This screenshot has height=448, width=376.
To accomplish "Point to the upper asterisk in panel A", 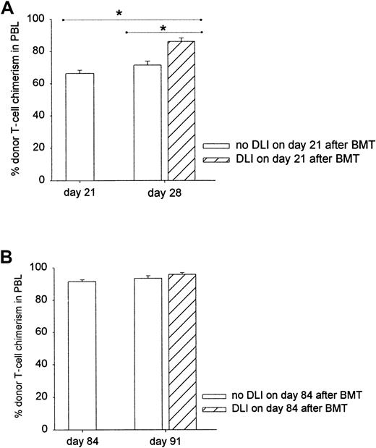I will coord(119,14).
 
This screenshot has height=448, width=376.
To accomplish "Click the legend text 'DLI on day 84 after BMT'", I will coord(294,409).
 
